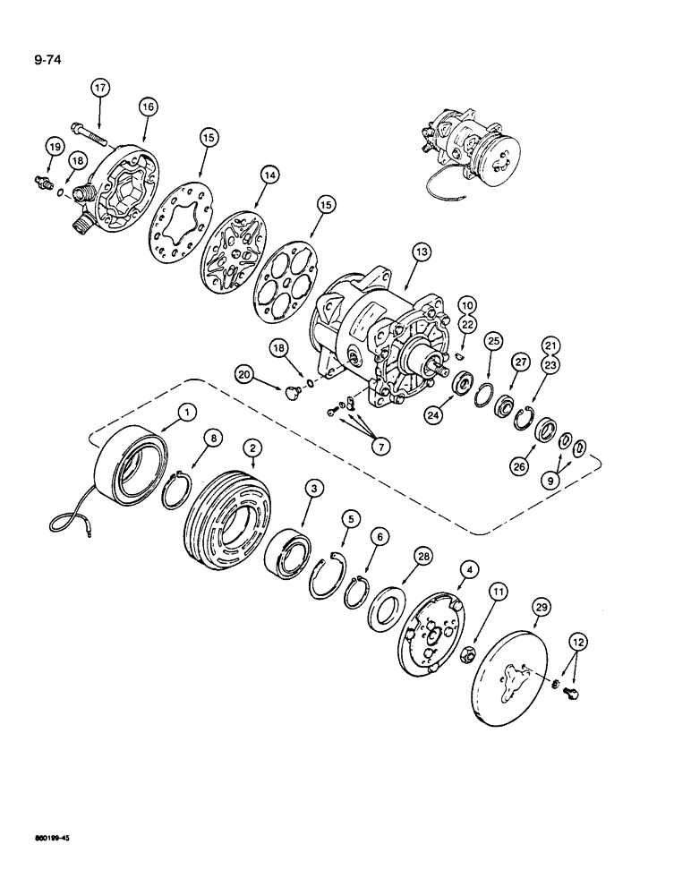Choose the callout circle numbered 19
pyautogui.click(x=55, y=149)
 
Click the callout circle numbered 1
pyautogui.click(x=185, y=412)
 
